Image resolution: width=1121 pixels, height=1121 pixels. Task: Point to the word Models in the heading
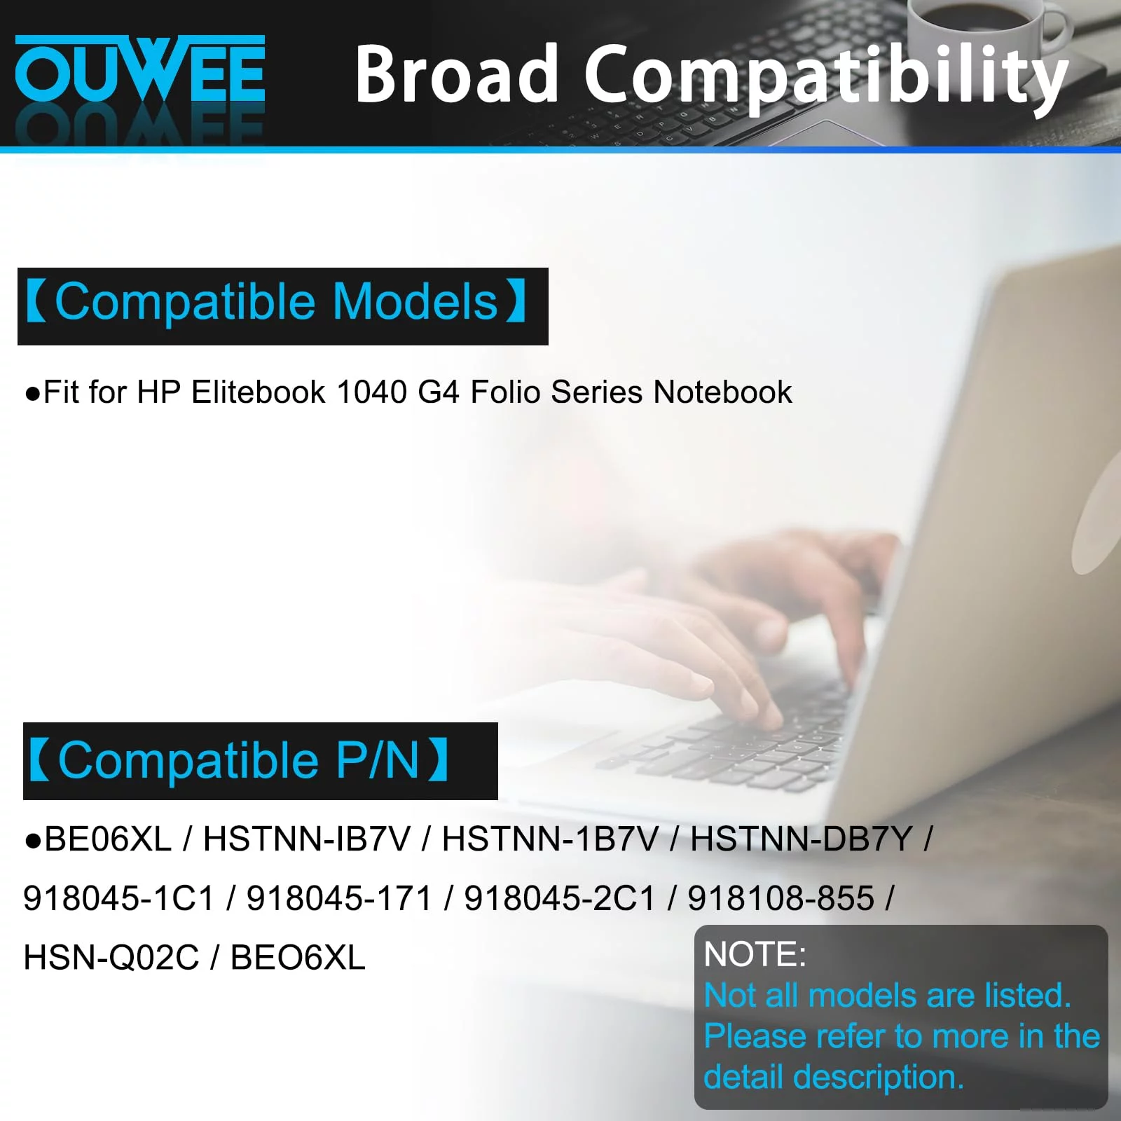pyautogui.click(x=415, y=302)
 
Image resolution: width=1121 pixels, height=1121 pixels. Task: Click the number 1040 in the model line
pyautogui.click(x=371, y=392)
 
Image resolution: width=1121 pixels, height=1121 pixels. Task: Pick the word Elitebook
pyautogui.click(x=259, y=392)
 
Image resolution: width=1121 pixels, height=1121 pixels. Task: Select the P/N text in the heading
pyautogui.click(x=378, y=760)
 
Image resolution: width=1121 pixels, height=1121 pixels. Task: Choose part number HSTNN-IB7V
pyautogui.click(x=306, y=839)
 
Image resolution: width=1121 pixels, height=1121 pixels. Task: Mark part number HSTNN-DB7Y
pyautogui.click(x=802, y=839)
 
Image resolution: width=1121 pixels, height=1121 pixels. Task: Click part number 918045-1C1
pyautogui.click(x=118, y=899)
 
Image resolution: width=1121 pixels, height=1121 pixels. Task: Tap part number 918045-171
pyautogui.click(x=339, y=899)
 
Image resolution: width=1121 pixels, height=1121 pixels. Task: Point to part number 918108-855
pyautogui.click(x=781, y=899)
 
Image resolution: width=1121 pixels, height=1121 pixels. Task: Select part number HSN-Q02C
pyautogui.click(x=111, y=958)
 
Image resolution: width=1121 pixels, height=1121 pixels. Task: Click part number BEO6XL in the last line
pyautogui.click(x=298, y=958)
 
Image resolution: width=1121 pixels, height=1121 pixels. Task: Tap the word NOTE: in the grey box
pyautogui.click(x=755, y=954)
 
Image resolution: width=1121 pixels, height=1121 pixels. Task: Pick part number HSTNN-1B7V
pyautogui.click(x=550, y=839)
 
